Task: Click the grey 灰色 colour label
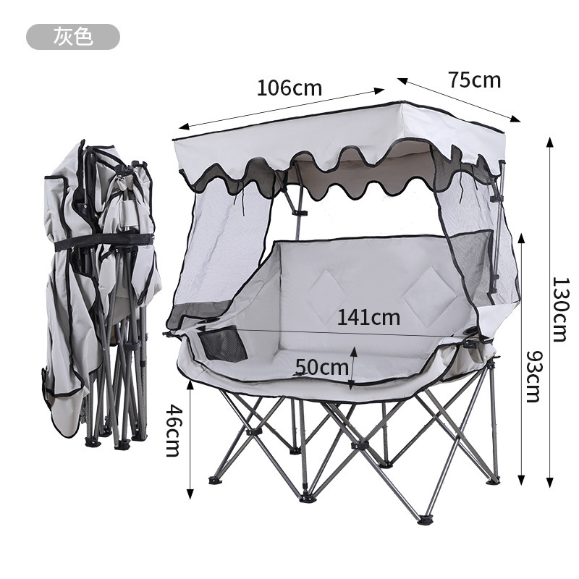(x=73, y=37)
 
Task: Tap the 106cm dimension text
(x=289, y=88)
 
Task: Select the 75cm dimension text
(x=475, y=80)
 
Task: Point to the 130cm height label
(x=560, y=310)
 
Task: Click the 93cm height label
(x=534, y=376)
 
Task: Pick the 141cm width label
(x=368, y=317)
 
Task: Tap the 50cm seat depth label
(x=321, y=367)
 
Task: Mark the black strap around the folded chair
(x=103, y=242)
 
